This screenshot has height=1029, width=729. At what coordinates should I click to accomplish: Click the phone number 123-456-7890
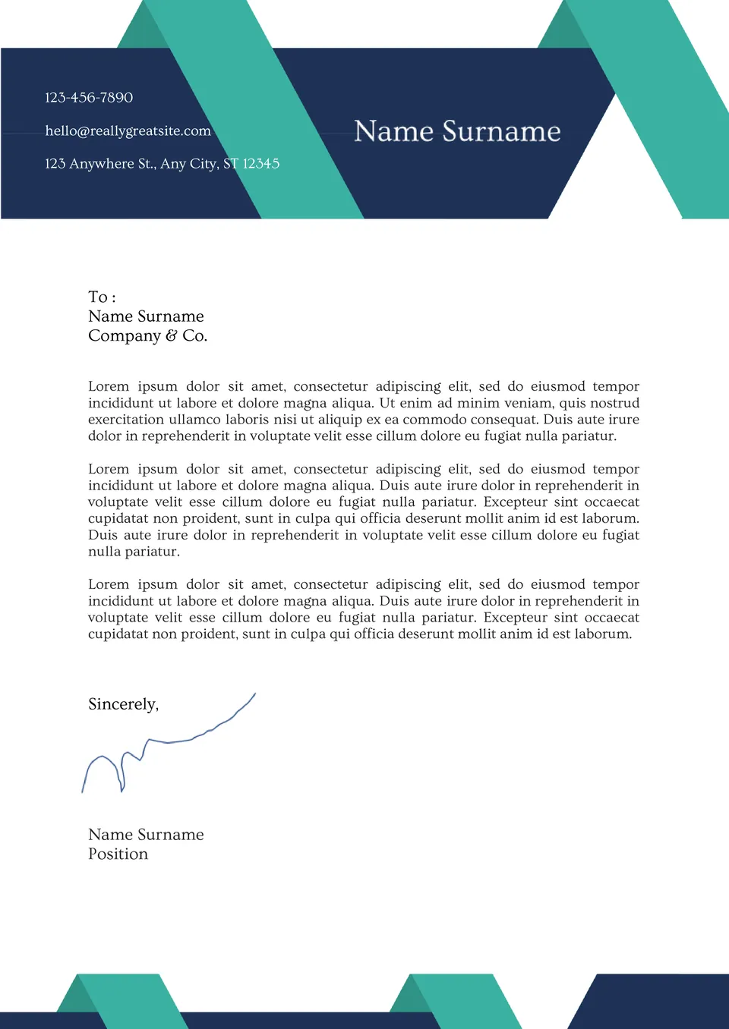tap(89, 97)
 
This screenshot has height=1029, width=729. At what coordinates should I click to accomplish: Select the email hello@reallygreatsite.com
tap(128, 131)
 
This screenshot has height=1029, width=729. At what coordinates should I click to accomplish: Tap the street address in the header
tap(162, 163)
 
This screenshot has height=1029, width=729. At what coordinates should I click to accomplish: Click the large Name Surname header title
tap(457, 131)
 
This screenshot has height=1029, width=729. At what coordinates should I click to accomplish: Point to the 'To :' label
tap(102, 297)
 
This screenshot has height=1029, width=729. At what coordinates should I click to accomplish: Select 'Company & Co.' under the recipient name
tap(147, 335)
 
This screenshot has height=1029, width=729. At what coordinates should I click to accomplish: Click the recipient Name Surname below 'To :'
tap(146, 316)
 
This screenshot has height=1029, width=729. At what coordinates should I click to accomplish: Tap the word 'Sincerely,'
tap(123, 704)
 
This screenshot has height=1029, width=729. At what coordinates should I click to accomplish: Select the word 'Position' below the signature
tap(118, 854)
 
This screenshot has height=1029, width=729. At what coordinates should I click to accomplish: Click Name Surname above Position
tap(146, 834)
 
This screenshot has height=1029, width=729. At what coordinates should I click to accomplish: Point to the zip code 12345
tap(261, 163)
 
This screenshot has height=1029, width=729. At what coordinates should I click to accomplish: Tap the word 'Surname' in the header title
tap(501, 131)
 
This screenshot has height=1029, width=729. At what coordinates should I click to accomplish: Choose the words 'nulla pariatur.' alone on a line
tap(134, 552)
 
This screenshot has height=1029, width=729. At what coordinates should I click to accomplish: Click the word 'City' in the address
tap(203, 163)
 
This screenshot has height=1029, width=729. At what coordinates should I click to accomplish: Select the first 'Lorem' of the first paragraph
tap(109, 386)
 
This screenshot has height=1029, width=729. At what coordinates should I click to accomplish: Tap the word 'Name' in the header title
tap(393, 131)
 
